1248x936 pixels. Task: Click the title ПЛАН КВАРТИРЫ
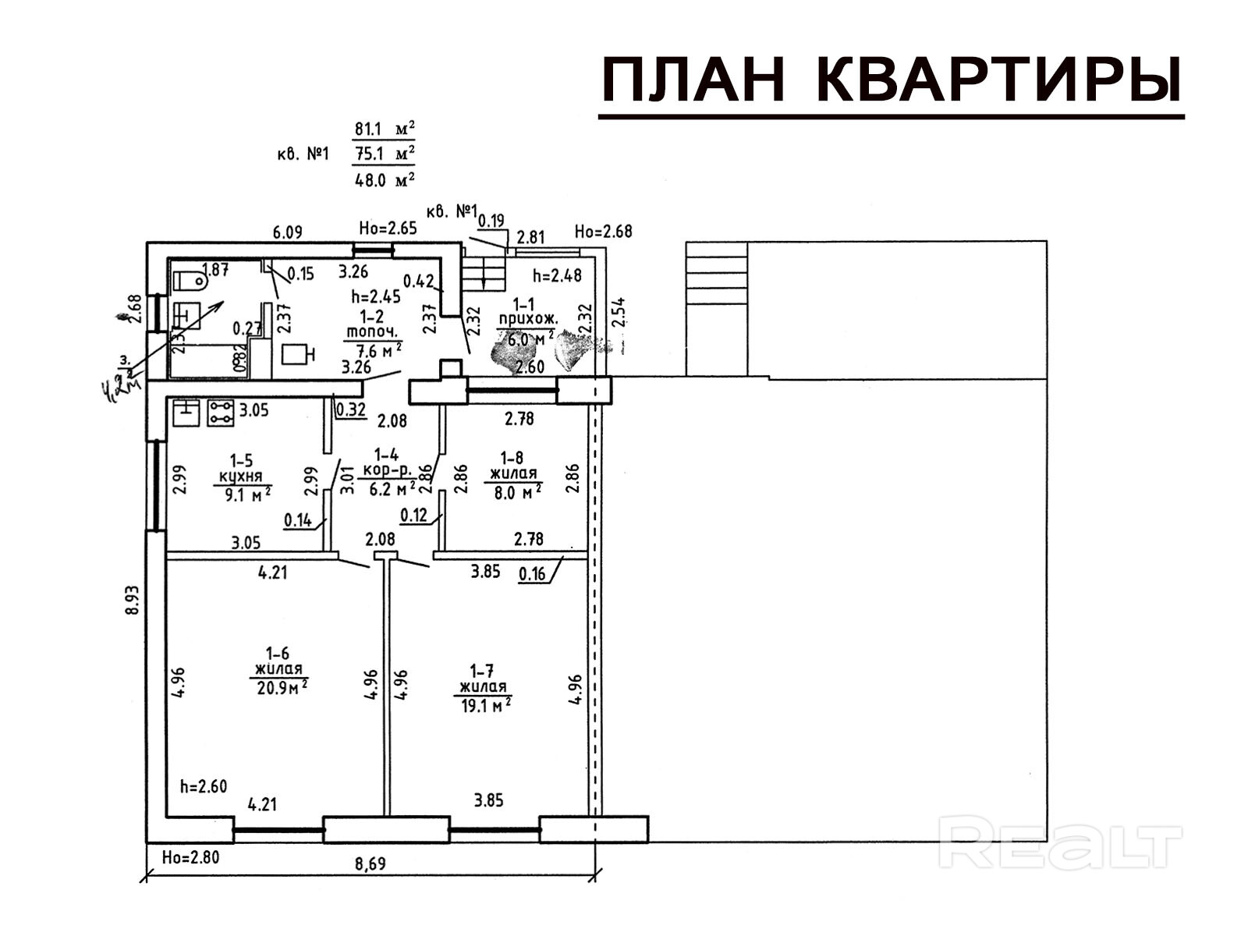[892, 80]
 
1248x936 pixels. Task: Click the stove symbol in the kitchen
[221, 413]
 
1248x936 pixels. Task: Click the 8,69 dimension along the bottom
[370, 863]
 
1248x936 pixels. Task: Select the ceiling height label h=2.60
[203, 786]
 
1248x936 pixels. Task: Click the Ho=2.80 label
[190, 857]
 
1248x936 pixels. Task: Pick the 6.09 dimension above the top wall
[287, 232]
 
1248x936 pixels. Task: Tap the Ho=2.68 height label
[603, 231]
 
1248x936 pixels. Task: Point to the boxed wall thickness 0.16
[532, 574]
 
